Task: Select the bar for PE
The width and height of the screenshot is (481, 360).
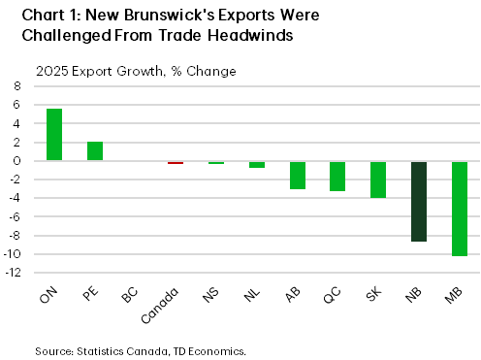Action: [x=95, y=150]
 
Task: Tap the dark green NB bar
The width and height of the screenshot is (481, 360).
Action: [x=418, y=201]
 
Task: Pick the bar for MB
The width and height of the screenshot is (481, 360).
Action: [x=459, y=209]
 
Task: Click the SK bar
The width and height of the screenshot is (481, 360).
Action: [x=377, y=180]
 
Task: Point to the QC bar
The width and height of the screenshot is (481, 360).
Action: [x=337, y=176]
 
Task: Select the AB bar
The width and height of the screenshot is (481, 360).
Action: [x=297, y=175]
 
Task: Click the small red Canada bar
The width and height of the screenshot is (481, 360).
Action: [x=176, y=163]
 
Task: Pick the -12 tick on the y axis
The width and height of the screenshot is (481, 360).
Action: [x=15, y=273]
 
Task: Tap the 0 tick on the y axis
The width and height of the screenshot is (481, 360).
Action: [x=17, y=161]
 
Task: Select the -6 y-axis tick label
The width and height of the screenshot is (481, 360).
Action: [x=16, y=217]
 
